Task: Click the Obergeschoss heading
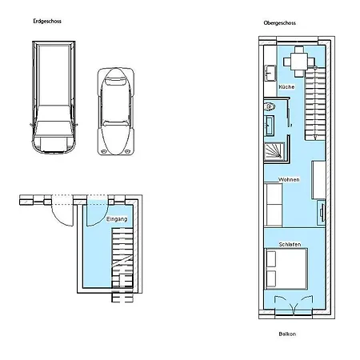279,23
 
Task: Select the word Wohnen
289,180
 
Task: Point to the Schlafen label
290,244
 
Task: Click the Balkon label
287,334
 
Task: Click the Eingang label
116,218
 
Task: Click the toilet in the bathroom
270,106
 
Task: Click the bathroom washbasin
270,124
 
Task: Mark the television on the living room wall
321,211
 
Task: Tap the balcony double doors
289,307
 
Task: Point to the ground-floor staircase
121,256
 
